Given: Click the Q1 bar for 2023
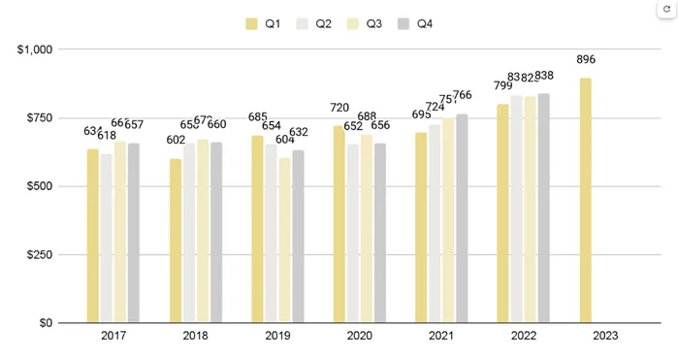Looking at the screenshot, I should coord(585,201).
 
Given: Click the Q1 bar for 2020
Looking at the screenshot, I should coord(339,224).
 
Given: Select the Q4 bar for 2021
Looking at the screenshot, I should coord(462,218).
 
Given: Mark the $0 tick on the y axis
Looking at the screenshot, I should coord(46,323).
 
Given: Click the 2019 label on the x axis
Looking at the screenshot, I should coord(277,337).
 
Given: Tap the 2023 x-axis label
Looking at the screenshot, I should coord(605,337).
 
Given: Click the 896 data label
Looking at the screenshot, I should coord(586,60).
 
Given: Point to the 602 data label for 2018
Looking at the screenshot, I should coord(175,141).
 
